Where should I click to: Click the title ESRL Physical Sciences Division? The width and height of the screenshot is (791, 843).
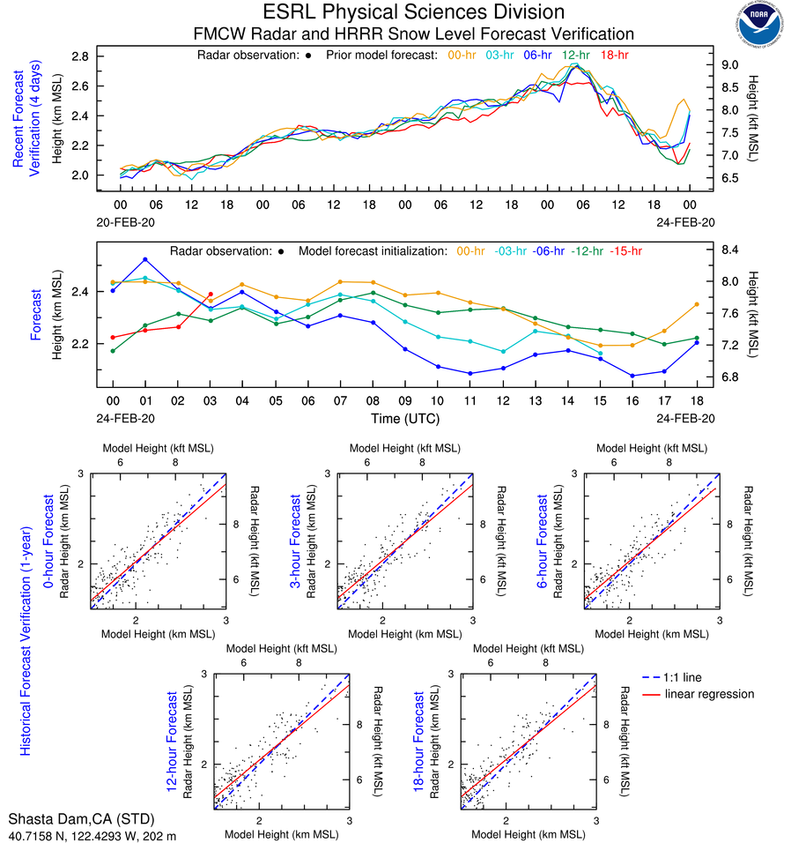click(x=413, y=12)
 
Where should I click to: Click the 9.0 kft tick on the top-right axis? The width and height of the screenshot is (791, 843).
click(x=731, y=65)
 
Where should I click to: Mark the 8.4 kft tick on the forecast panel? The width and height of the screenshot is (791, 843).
click(x=729, y=250)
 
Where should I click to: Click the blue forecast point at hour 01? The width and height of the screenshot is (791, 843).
click(x=144, y=259)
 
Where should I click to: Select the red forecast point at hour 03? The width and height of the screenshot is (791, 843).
click(x=210, y=295)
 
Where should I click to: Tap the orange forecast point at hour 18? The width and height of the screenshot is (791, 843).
click(x=697, y=304)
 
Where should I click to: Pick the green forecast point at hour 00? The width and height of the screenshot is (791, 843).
click(x=113, y=351)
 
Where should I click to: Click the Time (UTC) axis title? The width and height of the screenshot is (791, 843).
click(x=405, y=418)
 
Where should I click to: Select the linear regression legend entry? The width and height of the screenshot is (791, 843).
click(x=709, y=694)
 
